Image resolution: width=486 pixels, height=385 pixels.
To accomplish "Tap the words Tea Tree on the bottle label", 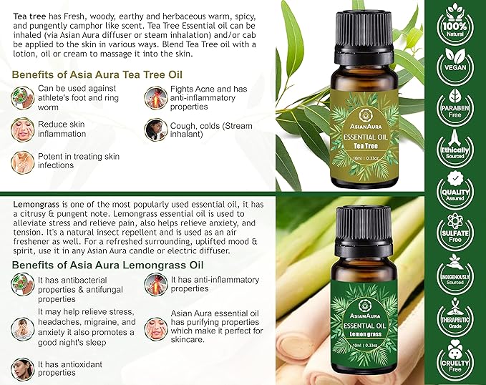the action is pos(366,146).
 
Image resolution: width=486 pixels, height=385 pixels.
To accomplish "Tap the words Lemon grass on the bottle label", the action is pos(366,334).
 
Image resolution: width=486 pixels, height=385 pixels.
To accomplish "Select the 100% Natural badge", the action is pos(455,21).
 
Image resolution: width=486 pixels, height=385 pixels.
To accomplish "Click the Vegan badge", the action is pos(455,63).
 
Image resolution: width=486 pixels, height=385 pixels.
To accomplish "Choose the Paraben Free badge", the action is pos(455,106).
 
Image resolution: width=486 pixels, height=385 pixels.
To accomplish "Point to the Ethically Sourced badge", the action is pos(455,148).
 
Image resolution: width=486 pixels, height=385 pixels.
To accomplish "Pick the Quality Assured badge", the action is pos(455,190).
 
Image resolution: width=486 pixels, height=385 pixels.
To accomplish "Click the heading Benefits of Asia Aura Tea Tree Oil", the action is pos(97,74).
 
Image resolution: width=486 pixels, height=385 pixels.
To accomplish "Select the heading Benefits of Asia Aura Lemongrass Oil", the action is pos(107,265).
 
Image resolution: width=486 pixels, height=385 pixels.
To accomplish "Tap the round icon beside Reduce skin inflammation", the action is pos(22,130).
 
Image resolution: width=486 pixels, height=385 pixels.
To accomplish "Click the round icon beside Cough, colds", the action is pos(155,130).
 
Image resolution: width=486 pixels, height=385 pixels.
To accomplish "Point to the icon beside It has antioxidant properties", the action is pos(22,369).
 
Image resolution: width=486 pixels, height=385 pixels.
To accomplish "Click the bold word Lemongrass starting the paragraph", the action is pos(36,205).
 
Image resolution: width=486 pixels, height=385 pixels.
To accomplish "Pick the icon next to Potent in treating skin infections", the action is pos(22,162).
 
